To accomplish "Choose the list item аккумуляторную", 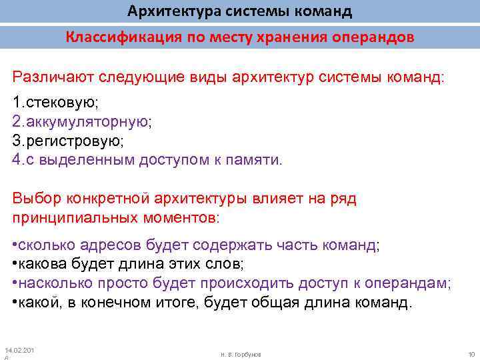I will [87, 123].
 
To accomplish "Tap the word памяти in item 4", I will [256, 160].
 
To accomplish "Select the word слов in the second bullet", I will [223, 264].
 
